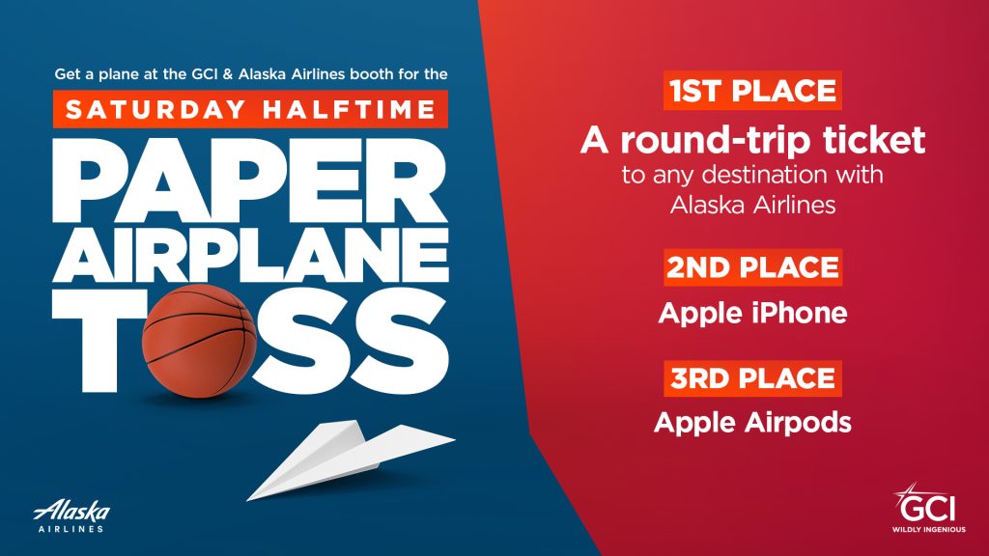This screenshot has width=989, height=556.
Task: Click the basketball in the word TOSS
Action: click(x=199, y=341)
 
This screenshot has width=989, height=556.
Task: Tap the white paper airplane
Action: click(x=351, y=459)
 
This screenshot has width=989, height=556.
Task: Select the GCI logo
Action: click(x=928, y=508)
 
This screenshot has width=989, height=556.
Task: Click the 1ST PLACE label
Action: click(x=752, y=91)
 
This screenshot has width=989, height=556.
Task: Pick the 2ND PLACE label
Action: click(x=752, y=267)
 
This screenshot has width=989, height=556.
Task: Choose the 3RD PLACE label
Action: click(x=752, y=378)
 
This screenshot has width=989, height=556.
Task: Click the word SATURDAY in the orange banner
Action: click(x=155, y=110)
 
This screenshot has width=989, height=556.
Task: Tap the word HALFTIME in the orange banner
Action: click(x=350, y=110)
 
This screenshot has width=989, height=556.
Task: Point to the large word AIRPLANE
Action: click(x=250, y=256)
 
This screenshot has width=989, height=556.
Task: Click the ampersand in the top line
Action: click(x=227, y=74)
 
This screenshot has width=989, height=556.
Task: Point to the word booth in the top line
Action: click(x=373, y=74)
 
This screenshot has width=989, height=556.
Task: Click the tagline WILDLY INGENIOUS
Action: click(x=928, y=530)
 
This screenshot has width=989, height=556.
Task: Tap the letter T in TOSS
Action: click(x=95, y=341)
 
